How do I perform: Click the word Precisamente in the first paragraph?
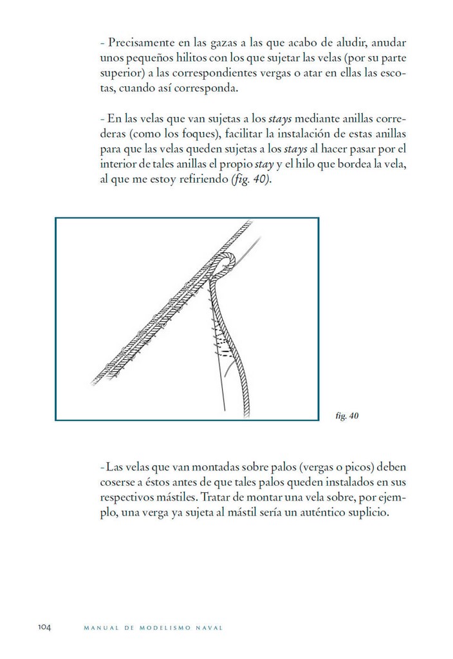[138, 44]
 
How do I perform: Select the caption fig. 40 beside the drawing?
[347, 416]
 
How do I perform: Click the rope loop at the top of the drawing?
[228, 263]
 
